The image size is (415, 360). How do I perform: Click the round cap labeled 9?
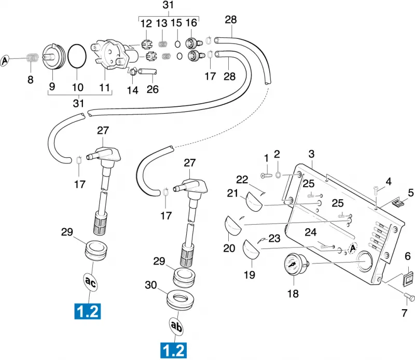coord(53,57)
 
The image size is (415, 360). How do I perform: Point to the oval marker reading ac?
coord(90,283)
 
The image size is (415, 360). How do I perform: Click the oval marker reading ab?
coord(176,326)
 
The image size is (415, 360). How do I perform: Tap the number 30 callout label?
coord(151,285)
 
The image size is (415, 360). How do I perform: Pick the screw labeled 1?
coord(266,175)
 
